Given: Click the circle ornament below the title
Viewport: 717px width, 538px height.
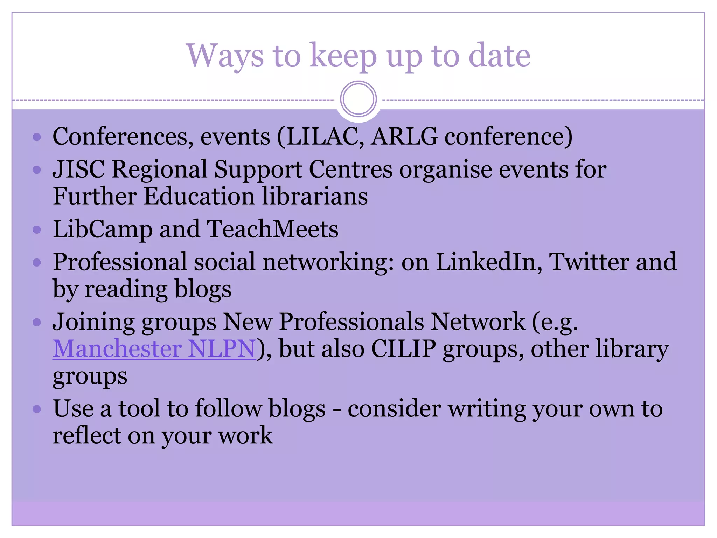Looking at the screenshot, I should click(x=358, y=99).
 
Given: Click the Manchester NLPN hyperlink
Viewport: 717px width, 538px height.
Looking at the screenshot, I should click(x=154, y=349).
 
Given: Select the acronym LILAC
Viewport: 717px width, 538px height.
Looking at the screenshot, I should click(x=324, y=136).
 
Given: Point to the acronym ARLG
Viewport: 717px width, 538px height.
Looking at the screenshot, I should click(x=404, y=136).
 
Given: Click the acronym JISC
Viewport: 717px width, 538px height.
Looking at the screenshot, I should click(x=78, y=169).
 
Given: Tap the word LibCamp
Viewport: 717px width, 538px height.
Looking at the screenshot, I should click(x=103, y=229).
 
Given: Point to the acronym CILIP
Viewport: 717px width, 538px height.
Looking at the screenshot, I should click(x=403, y=349).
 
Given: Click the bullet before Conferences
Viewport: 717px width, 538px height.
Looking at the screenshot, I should click(x=37, y=137).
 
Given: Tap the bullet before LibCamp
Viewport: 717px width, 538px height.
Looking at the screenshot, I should click(x=37, y=230).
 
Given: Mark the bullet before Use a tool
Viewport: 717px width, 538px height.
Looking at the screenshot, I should click(x=37, y=409).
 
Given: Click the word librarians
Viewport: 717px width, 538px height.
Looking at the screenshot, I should click(x=315, y=196).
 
